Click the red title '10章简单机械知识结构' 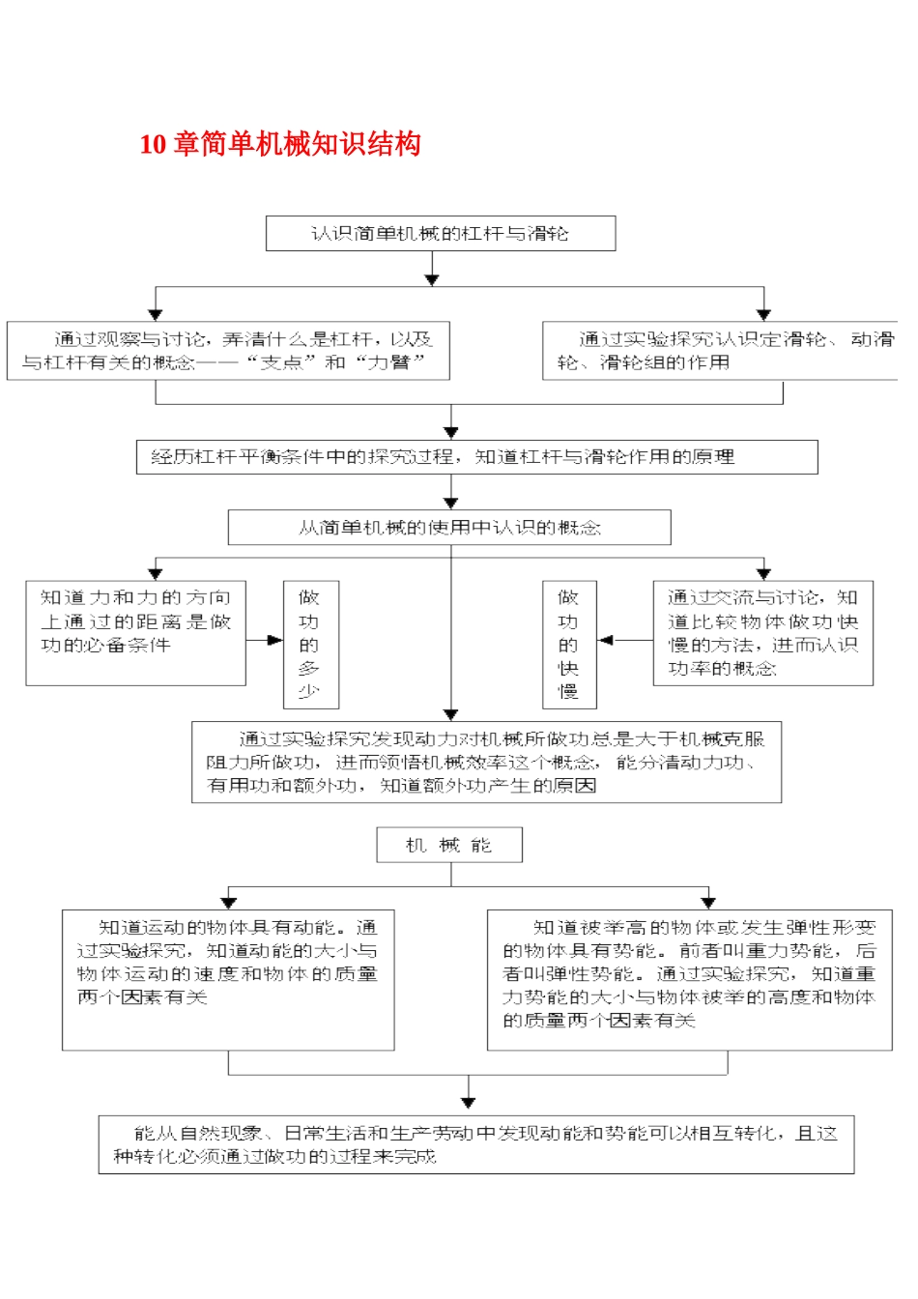pos(280,144)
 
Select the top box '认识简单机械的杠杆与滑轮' pos(441,233)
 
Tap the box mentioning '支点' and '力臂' pos(228,351)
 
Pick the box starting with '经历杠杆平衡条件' pos(476,457)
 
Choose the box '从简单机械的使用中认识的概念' pos(449,528)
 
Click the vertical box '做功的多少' pos(310,645)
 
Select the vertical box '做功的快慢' pos(569,645)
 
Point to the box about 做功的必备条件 pos(135,633)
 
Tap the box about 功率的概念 pos(763,633)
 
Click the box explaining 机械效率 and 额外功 pos(486,763)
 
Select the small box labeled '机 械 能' pos(449,845)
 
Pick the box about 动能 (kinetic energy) pos(228,979)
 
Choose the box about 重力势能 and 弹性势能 pos(689,979)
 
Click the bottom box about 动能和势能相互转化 pos(476,1145)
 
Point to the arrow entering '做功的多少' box pos(274,640)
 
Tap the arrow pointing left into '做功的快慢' pos(607,640)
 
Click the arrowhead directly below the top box pos(432,279)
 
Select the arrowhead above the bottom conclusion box pos(469,1102)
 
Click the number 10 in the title pos(153,145)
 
